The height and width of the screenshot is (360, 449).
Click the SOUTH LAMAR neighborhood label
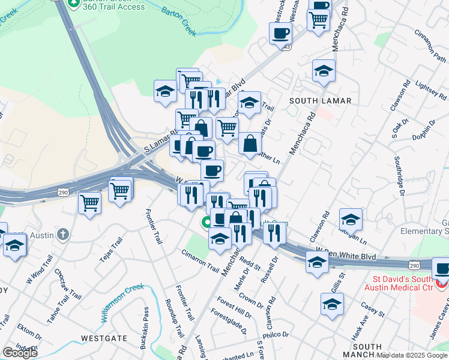point(320,101)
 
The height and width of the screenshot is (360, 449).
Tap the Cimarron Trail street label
point(200,258)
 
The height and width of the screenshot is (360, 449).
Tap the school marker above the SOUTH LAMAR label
point(324,70)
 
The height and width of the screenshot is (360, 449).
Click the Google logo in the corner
point(20,352)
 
